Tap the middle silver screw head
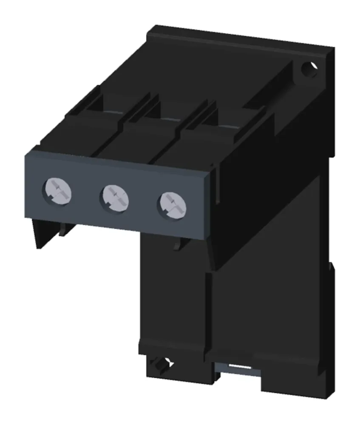click(x=113, y=196)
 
